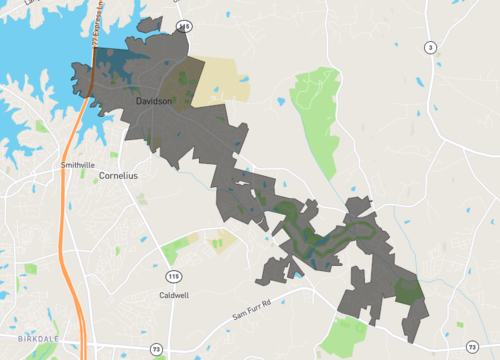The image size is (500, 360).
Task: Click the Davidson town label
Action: (x=153, y=101)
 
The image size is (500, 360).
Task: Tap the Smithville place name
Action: (x=77, y=164)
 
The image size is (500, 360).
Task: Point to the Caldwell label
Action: (x=174, y=295)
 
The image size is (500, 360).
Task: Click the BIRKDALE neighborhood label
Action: (x=39, y=338)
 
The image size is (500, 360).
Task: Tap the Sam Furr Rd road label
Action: (x=251, y=316)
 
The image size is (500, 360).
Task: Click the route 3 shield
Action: (x=430, y=47)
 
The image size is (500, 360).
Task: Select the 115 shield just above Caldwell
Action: (x=174, y=275)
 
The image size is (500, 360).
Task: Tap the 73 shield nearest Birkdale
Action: (x=156, y=347)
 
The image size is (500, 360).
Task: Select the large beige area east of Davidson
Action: (x=226, y=80)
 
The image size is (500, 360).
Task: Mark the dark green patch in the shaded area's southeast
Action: (x=407, y=289)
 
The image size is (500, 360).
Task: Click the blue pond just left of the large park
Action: (x=282, y=101)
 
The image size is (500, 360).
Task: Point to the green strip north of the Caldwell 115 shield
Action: (x=178, y=247)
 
